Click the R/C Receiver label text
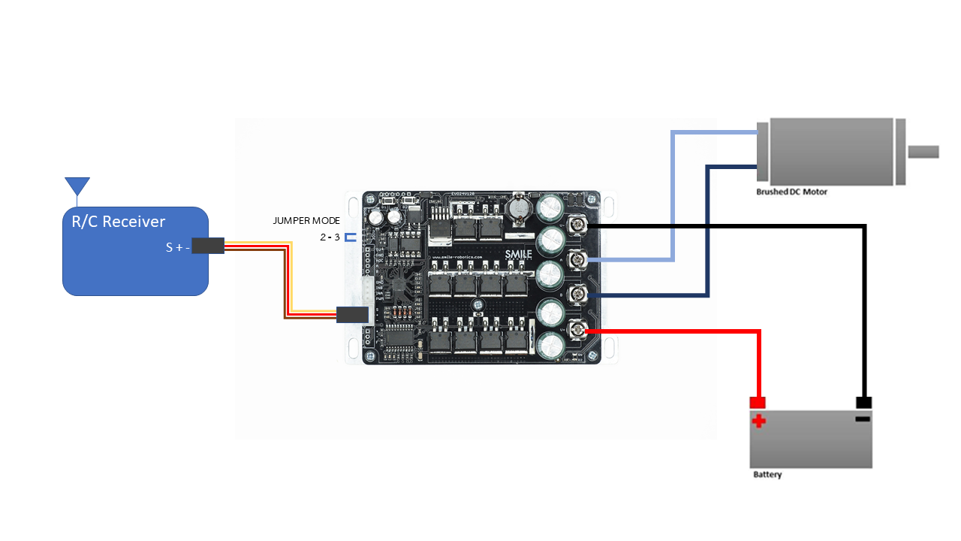tap(118, 222)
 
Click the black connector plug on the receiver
tap(208, 246)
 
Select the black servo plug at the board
tap(351, 315)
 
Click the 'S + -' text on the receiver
tap(178, 246)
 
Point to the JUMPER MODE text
tap(306, 221)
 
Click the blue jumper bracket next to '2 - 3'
tap(350, 237)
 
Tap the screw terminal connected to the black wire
tap(577, 224)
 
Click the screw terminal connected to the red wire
tap(577, 329)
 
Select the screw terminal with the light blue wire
tap(577, 259)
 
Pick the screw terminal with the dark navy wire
tap(577, 294)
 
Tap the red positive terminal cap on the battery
tap(758, 402)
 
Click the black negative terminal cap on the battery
tap(863, 402)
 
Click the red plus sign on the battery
tap(759, 420)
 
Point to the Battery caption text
tap(767, 475)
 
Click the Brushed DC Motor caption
tap(791, 192)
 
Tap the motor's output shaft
tap(923, 152)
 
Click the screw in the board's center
tap(477, 304)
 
